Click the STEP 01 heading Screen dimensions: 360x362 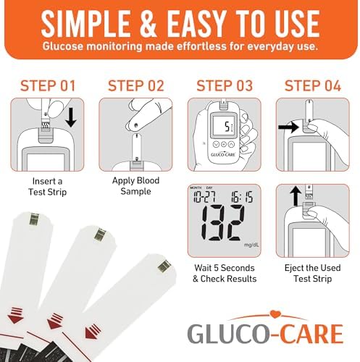coord(48,85)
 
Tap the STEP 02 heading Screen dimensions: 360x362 coord(136,85)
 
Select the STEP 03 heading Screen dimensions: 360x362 coord(225,85)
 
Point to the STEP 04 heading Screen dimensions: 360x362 coord(313,85)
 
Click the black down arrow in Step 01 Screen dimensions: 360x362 coord(71,117)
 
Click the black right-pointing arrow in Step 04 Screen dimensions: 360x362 coord(288,127)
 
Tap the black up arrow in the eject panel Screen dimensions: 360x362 coord(296,196)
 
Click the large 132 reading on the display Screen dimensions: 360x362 coord(222,222)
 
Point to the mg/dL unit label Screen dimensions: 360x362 coord(251,245)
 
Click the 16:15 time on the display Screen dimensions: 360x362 coord(242,197)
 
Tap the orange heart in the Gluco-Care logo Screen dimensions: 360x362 coord(274,314)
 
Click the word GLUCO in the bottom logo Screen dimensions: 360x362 coord(228,334)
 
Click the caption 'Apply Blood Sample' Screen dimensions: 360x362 coord(135,186)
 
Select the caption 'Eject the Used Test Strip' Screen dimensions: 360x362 coord(313,273)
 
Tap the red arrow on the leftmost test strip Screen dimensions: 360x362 coord(15,316)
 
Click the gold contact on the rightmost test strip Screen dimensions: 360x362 coord(164,266)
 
